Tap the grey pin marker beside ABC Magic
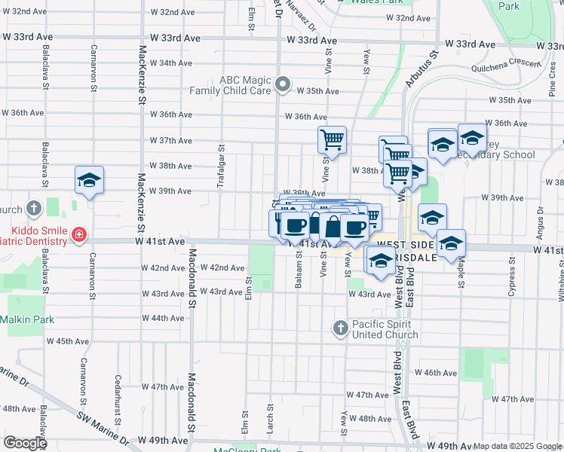(x=283, y=84)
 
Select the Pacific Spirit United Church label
(x=386, y=329)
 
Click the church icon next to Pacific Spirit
(x=340, y=328)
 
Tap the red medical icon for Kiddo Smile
(x=77, y=236)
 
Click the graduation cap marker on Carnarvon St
(x=89, y=181)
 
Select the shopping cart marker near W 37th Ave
(x=332, y=139)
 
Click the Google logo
(x=25, y=442)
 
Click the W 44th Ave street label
(x=164, y=318)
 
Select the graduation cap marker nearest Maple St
(x=452, y=244)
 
